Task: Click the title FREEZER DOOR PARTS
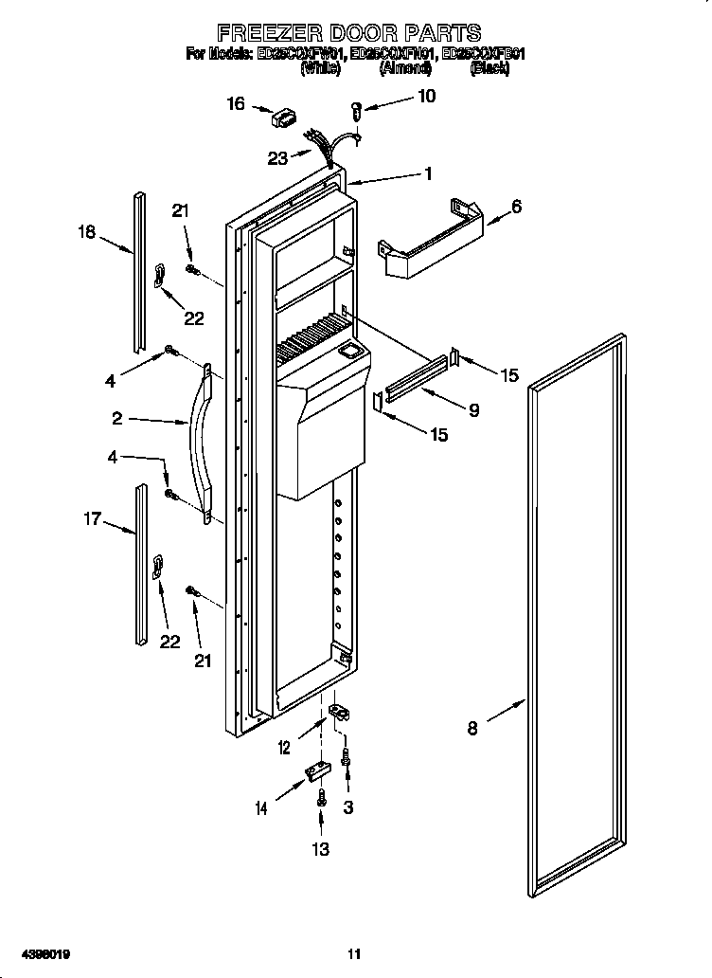[356, 34]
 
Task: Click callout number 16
[236, 104]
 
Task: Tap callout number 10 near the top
[426, 97]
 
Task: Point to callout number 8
[472, 728]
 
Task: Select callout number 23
[277, 158]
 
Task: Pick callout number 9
[472, 410]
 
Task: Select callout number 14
[262, 807]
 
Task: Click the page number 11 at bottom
[354, 953]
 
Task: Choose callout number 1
[428, 174]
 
